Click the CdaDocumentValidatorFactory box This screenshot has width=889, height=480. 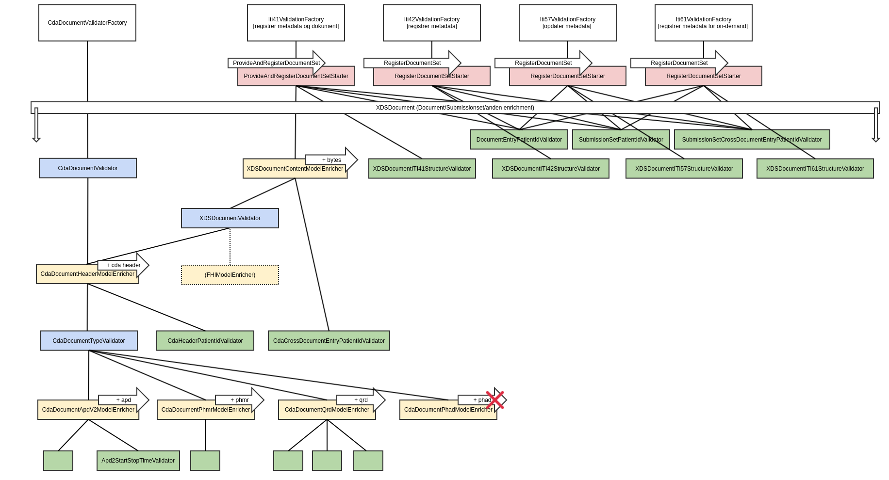tap(87, 23)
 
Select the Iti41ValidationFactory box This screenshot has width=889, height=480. tap(296, 23)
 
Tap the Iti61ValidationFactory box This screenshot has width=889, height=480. tap(703, 23)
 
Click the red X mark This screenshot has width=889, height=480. tap(495, 400)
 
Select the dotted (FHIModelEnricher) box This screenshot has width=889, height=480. tap(230, 275)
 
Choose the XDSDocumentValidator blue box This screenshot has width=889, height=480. tap(230, 218)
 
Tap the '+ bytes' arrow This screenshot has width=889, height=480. tap(332, 160)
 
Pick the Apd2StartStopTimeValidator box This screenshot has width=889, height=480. tap(138, 461)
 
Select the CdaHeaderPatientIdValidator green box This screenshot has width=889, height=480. tap(205, 341)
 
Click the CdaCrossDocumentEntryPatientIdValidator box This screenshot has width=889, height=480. tap(329, 341)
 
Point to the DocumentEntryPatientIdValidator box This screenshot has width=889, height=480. tap(519, 140)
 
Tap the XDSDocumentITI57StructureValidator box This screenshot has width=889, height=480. tap(684, 169)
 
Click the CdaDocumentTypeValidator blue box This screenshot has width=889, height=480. tap(89, 341)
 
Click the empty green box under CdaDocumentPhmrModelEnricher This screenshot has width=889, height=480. tap(205, 461)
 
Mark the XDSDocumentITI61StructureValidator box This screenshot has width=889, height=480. tap(815, 169)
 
